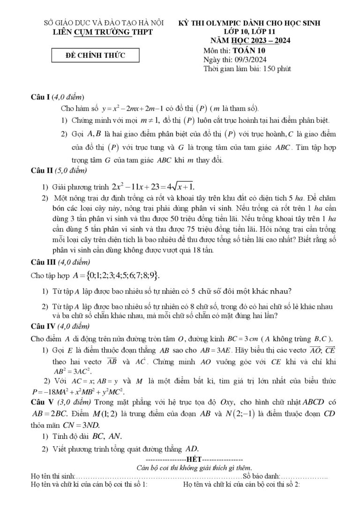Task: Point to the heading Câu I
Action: tap(40, 97)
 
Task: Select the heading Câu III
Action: tap(43, 262)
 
